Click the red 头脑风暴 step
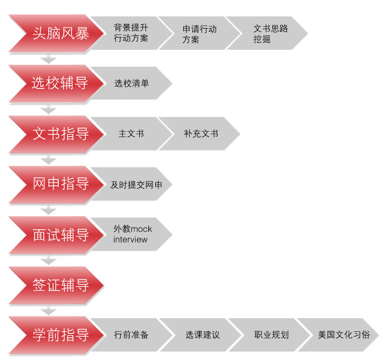point(60,33)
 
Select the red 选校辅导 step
point(60,84)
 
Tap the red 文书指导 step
point(60,134)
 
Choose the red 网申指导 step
point(60,184)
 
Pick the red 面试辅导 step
point(60,235)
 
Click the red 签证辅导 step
point(60,285)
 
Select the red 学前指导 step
point(60,335)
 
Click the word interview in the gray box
point(130,240)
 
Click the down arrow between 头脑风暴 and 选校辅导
point(49,59)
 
